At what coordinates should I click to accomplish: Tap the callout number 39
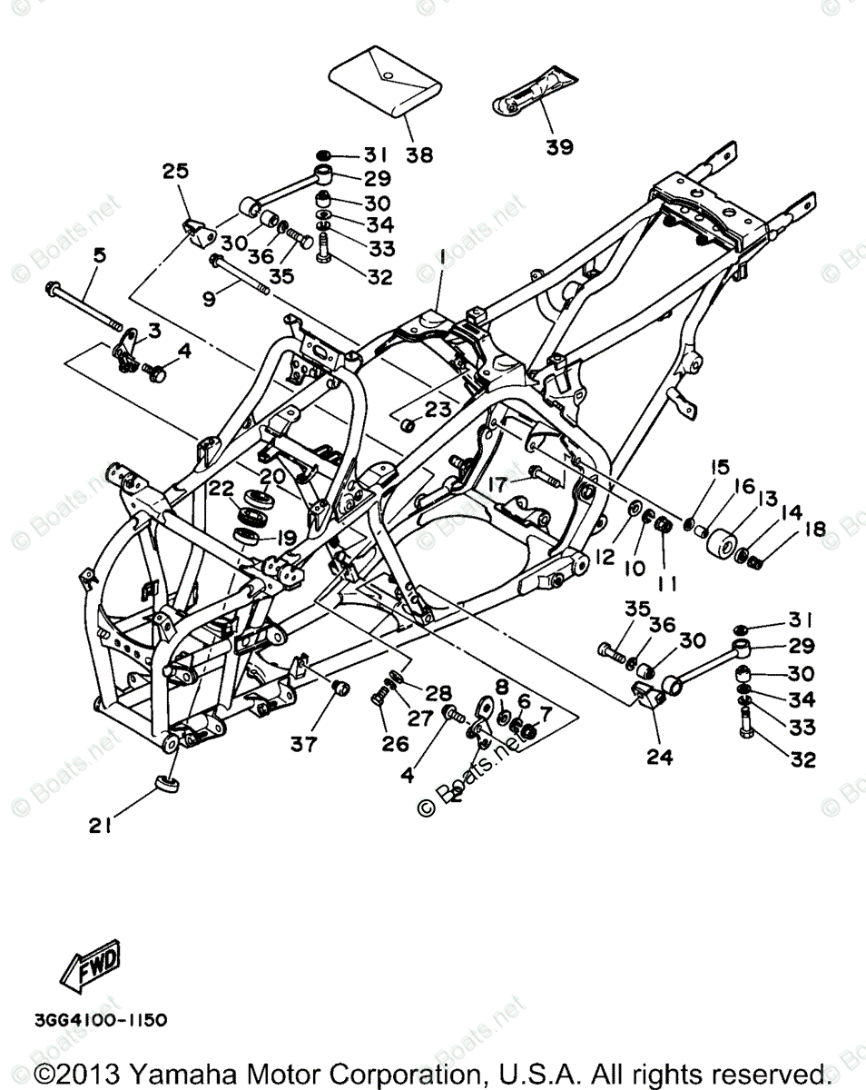pos(559,147)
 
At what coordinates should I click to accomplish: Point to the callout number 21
pos(100,826)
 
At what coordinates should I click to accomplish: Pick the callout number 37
pos(304,744)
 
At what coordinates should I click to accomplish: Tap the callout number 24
pos(660,756)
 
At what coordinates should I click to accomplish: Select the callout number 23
pos(438,410)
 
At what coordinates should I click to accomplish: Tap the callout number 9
pos(210,297)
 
